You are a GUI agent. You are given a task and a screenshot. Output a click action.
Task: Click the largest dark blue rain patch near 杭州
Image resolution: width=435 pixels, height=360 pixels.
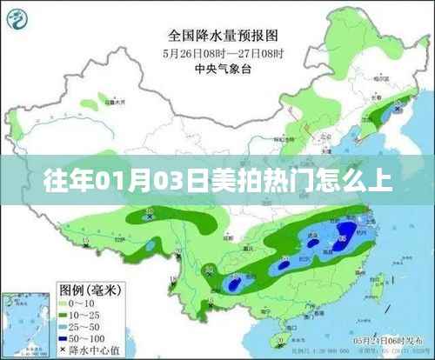point(345,233)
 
